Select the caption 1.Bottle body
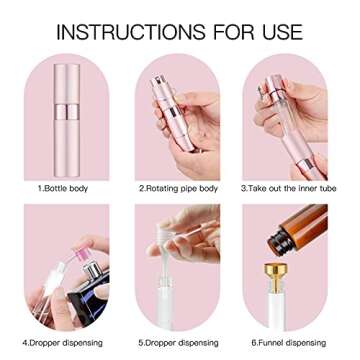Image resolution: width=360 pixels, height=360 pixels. click(x=60, y=187)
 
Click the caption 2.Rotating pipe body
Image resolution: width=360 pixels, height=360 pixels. click(x=179, y=187)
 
